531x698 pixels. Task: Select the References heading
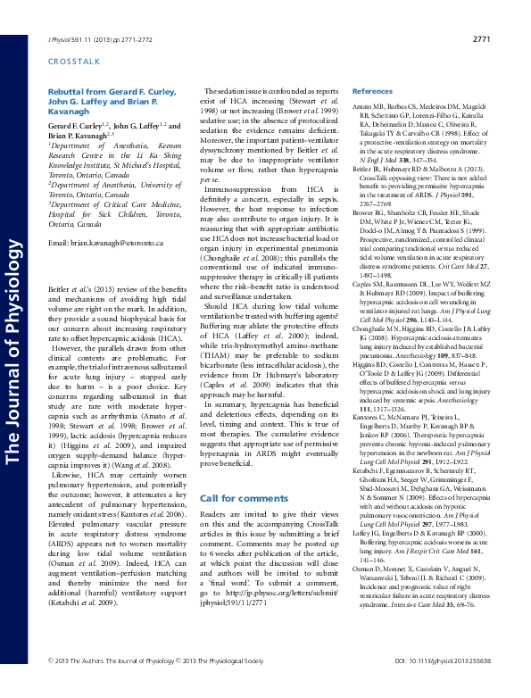pos(372,92)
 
